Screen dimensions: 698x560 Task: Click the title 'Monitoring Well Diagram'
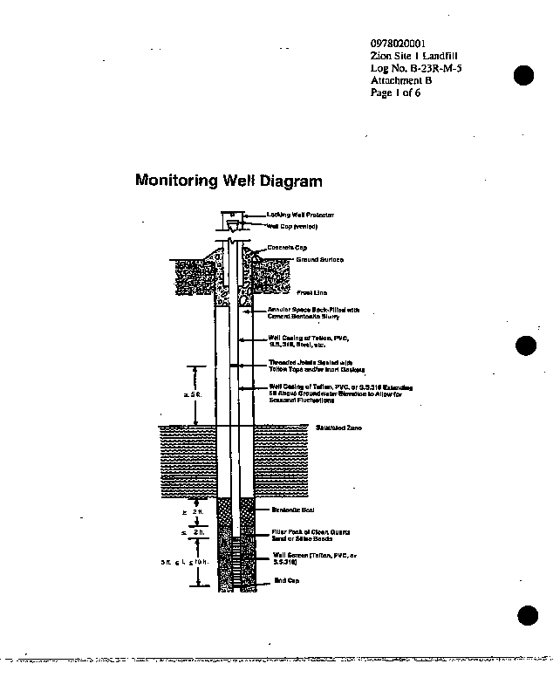(x=229, y=181)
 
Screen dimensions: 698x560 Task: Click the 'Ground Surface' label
(x=319, y=260)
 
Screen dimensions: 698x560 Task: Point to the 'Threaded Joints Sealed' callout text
(x=304, y=366)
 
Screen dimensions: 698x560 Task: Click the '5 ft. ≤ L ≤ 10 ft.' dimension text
(x=184, y=563)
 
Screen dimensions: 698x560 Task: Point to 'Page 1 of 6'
(x=395, y=92)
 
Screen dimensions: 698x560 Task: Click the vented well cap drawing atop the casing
(x=233, y=226)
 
